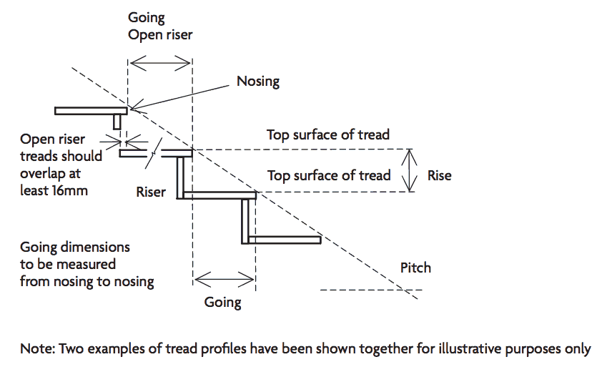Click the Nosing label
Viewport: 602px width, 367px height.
click(x=258, y=81)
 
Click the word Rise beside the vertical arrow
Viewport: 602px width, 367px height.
click(x=439, y=175)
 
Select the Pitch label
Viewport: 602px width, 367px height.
click(x=416, y=268)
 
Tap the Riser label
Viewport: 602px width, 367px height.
click(x=152, y=192)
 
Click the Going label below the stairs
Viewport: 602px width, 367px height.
click(x=222, y=302)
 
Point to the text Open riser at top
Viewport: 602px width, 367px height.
click(x=160, y=34)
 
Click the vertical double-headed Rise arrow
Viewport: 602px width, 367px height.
click(x=410, y=170)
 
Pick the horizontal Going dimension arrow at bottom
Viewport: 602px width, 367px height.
click(x=224, y=278)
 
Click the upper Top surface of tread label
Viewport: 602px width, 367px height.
click(x=328, y=134)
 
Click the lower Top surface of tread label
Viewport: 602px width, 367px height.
click(x=328, y=175)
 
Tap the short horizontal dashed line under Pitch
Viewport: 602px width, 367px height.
click(x=372, y=290)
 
